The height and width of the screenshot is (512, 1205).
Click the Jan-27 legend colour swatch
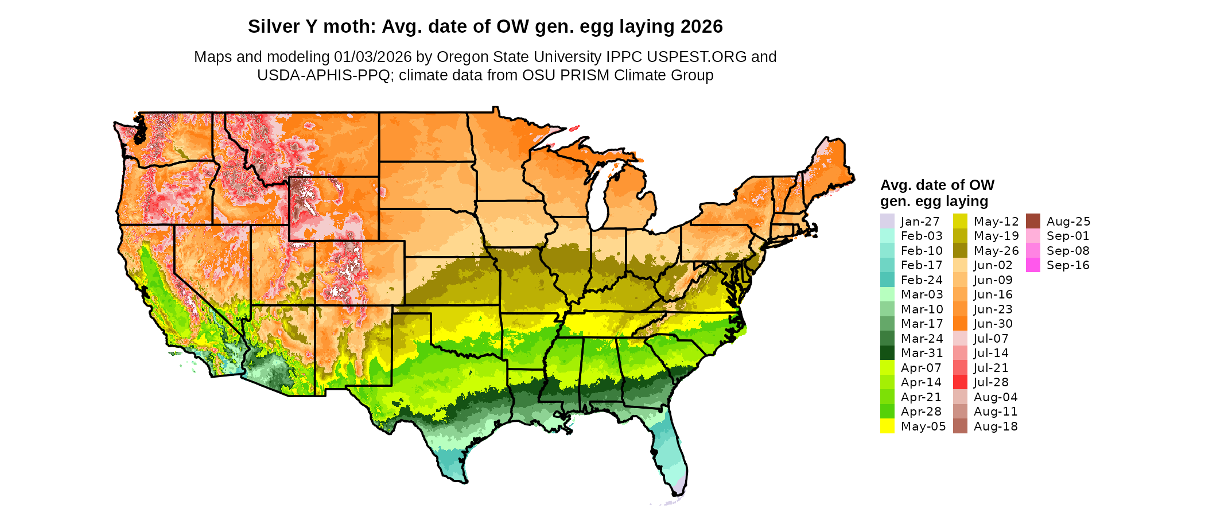pos(887,221)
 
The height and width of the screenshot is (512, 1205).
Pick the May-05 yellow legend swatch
pos(887,426)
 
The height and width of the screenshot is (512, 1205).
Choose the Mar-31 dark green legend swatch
pos(887,353)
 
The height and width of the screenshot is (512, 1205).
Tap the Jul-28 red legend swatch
pos(960,382)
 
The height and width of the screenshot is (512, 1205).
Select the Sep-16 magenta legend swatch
pos(1033,265)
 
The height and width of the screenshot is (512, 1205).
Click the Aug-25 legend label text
pos(1068,222)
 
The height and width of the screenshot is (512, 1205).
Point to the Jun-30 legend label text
pos(993,324)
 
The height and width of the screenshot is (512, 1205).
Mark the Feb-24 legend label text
pos(922,280)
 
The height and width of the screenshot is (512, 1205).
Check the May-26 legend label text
pos(996,251)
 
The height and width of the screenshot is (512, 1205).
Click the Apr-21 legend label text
pos(921,397)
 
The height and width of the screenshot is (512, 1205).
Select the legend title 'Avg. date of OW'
pos(937,185)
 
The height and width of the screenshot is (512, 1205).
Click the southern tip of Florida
pos(677,492)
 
